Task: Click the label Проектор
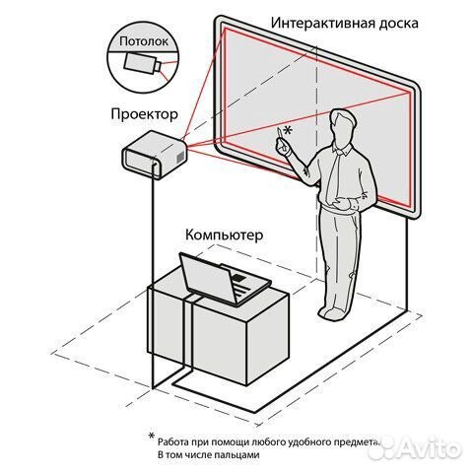145,114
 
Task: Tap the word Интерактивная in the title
321,24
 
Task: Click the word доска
398,24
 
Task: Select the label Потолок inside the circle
144,41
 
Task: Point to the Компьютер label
225,236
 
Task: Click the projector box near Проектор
155,155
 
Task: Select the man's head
343,125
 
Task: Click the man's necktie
333,177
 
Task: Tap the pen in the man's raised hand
279,134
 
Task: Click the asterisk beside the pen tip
288,130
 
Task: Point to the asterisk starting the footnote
151,437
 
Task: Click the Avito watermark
415,447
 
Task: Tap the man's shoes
333,314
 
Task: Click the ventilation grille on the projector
180,157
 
